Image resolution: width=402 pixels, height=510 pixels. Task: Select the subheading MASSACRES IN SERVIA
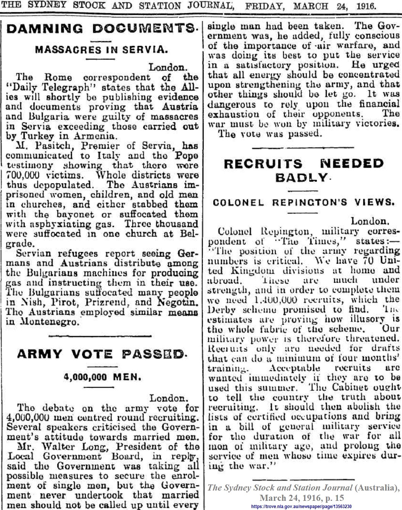coord(102,50)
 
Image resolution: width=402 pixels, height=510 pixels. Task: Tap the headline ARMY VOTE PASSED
coord(102,354)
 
